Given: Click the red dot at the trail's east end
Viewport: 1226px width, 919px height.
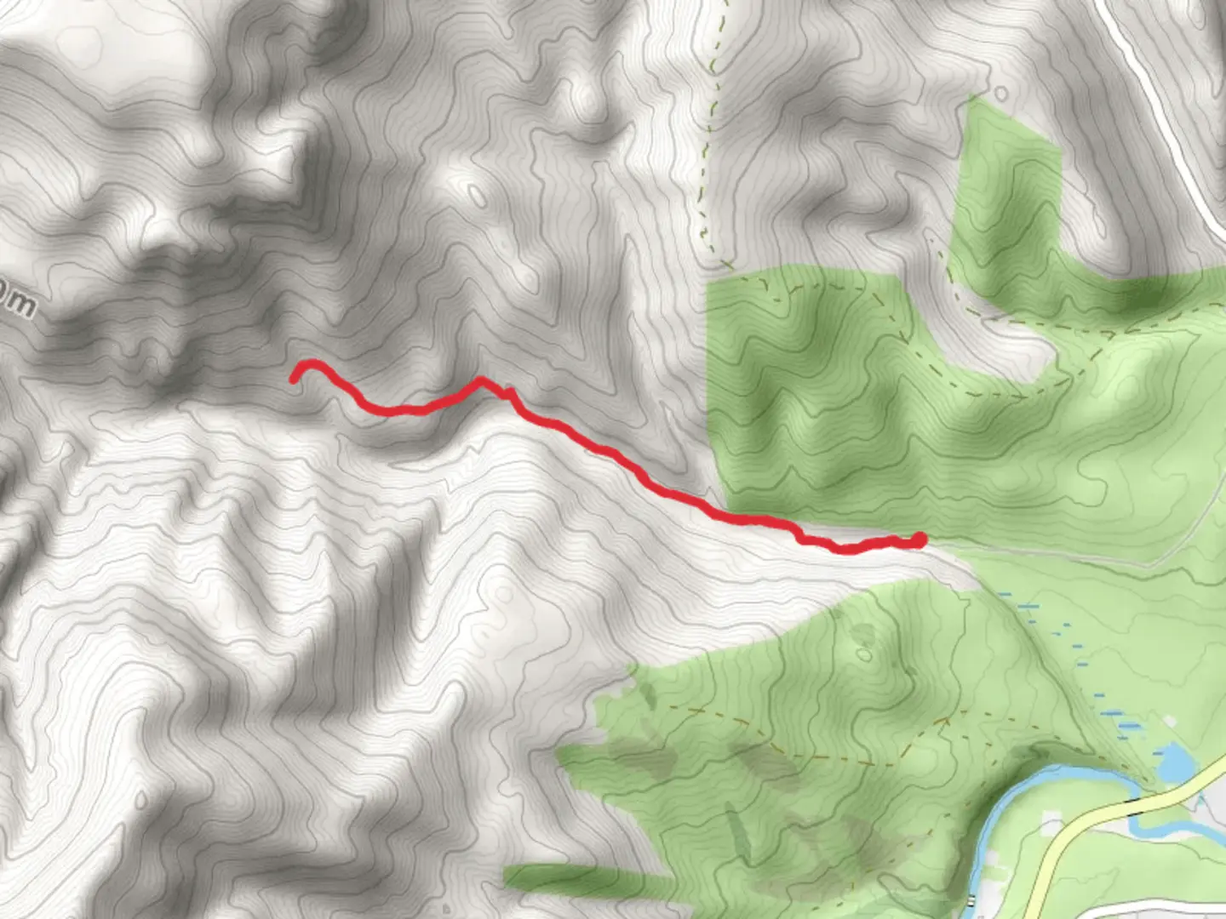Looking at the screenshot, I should (x=919, y=539).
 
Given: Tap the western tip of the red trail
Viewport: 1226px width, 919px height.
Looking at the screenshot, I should (x=294, y=380).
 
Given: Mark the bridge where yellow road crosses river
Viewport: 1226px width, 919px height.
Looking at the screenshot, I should (x=1137, y=805).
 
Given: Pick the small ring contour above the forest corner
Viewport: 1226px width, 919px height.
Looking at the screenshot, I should (x=1001, y=93).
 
